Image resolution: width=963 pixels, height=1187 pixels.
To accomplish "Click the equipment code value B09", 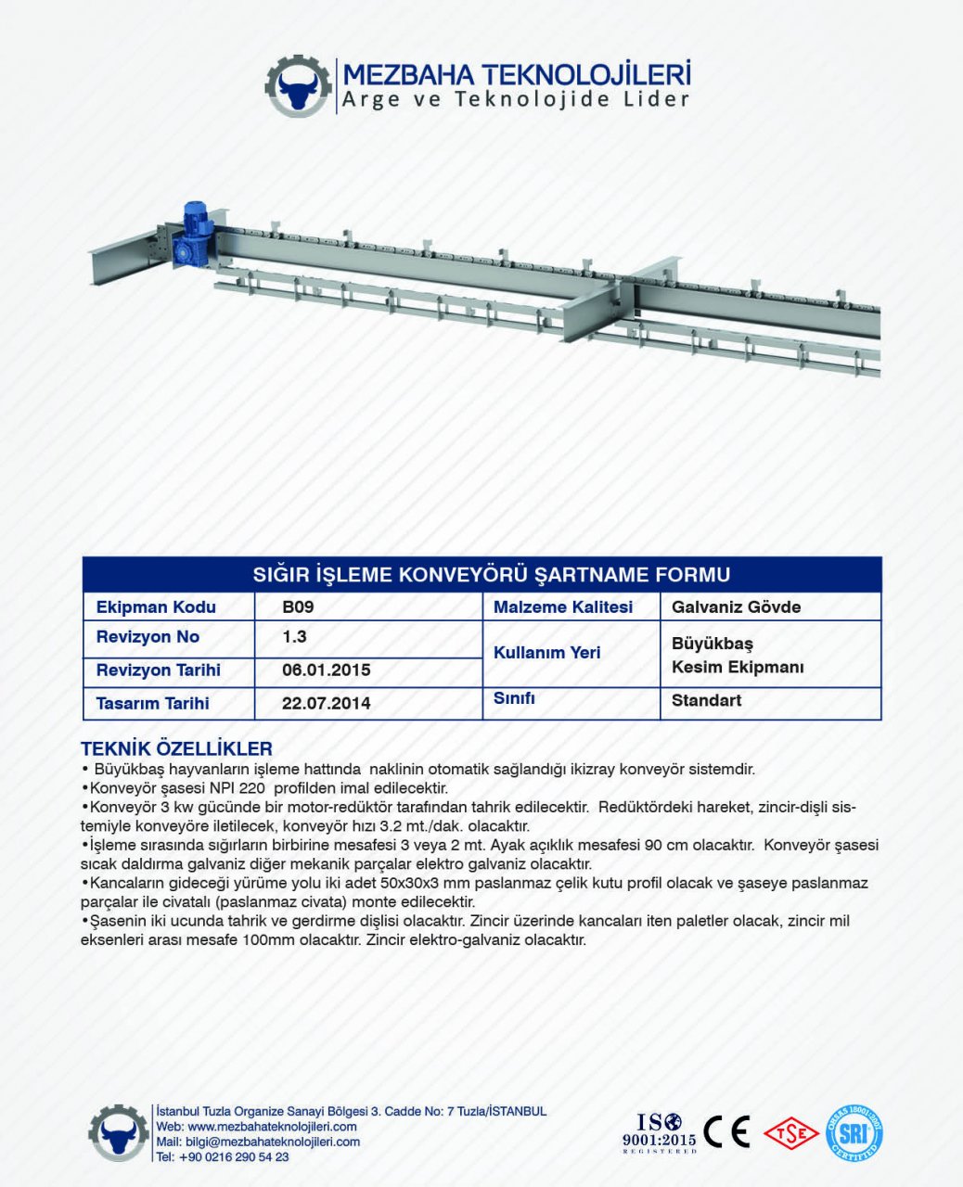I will tap(298, 607).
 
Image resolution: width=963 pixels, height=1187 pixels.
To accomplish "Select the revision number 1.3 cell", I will tap(294, 637).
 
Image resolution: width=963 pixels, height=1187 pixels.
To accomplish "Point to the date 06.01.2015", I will tap(326, 670).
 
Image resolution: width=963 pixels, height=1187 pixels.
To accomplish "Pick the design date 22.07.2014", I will tap(326, 704).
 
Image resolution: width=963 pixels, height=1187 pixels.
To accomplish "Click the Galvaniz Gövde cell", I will tap(736, 607).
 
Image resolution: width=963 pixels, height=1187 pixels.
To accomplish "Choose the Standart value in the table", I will tap(706, 700).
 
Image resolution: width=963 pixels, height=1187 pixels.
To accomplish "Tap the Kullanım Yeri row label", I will tap(546, 653).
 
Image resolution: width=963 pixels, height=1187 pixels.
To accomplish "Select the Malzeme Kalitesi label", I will tap(562, 607).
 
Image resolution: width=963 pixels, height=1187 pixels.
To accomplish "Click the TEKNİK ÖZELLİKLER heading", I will tap(176, 748).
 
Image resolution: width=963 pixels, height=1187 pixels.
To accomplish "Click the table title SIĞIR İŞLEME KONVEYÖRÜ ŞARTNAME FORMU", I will tap(492, 575).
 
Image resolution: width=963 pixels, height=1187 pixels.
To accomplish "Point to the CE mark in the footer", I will tap(726, 1131).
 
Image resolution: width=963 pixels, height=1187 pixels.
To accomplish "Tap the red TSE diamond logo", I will tap(790, 1132).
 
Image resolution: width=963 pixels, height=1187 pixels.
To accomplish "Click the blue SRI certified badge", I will tap(854, 1133).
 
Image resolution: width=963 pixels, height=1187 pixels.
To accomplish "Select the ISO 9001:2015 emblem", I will tap(659, 1132).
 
